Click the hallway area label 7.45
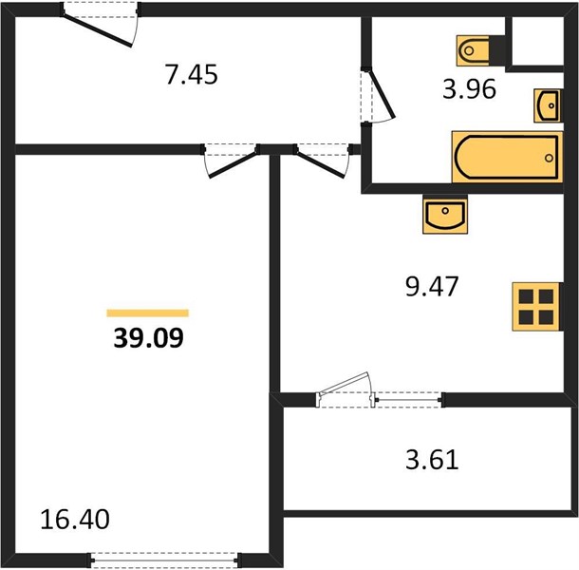[x=192, y=75]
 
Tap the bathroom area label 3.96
[x=469, y=89]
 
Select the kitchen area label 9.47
[x=432, y=286]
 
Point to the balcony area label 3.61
[x=432, y=460]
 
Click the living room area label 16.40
[x=75, y=519]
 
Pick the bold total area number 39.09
[x=148, y=338]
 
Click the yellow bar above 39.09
[x=148, y=313]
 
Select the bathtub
[x=508, y=157]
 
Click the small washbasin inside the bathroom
[x=549, y=105]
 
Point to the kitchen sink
[x=445, y=214]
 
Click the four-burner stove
[x=537, y=307]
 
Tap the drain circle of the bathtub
[x=549, y=158]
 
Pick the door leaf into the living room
[x=233, y=165]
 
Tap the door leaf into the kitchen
[x=321, y=165]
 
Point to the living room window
[x=165, y=560]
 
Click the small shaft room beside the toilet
[x=537, y=41]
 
